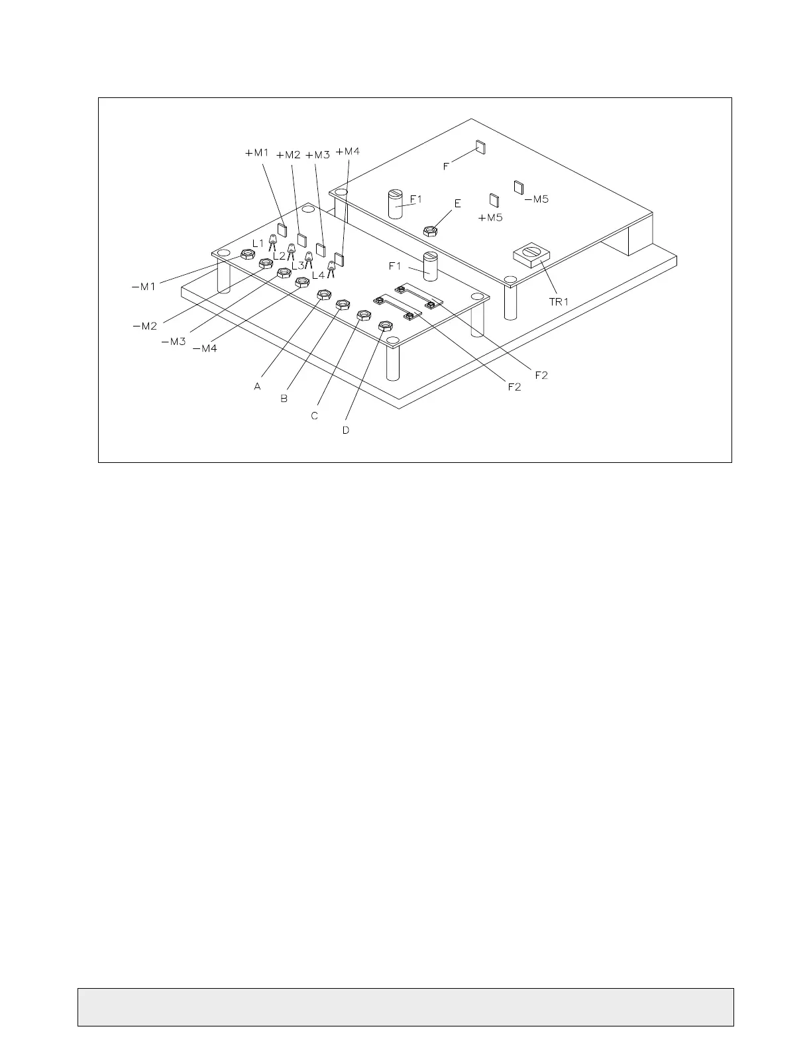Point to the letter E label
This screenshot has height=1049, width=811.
(457, 204)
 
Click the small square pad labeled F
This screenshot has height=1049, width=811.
(480, 146)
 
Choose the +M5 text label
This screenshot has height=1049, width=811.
(490, 217)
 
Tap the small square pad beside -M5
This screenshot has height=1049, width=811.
(519, 187)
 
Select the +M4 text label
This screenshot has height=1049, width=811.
(347, 152)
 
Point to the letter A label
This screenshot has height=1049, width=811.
(257, 385)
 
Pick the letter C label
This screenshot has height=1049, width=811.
(315, 416)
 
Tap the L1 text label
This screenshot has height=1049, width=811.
(258, 243)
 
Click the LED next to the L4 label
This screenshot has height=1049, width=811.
(331, 268)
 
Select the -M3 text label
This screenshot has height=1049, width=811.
(174, 342)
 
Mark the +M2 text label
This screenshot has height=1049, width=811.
(288, 155)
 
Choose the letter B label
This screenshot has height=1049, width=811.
(284, 399)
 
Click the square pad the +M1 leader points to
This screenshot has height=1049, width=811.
(282, 230)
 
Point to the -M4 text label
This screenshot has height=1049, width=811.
(205, 348)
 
